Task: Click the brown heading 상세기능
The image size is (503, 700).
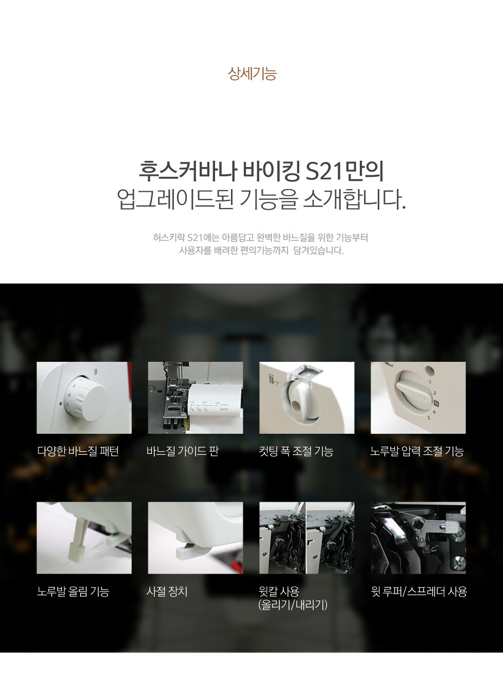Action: (x=252, y=73)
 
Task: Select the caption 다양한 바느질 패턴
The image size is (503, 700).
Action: (x=78, y=451)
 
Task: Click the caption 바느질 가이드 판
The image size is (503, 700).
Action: (x=183, y=451)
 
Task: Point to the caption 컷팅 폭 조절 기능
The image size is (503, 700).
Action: (x=296, y=451)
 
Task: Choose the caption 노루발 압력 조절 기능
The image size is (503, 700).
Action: (x=417, y=451)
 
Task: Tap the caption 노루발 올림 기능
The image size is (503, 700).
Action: (x=73, y=591)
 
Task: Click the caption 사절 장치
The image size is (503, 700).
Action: (x=167, y=591)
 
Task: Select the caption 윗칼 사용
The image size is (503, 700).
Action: (x=279, y=591)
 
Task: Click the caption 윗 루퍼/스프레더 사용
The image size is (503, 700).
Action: (x=419, y=591)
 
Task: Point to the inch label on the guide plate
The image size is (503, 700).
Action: (x=224, y=409)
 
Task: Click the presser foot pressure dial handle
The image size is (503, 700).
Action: (x=413, y=393)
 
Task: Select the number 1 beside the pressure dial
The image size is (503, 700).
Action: (x=430, y=382)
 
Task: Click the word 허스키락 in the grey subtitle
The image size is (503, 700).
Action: (x=168, y=238)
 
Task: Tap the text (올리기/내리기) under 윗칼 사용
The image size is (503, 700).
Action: (x=293, y=605)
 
